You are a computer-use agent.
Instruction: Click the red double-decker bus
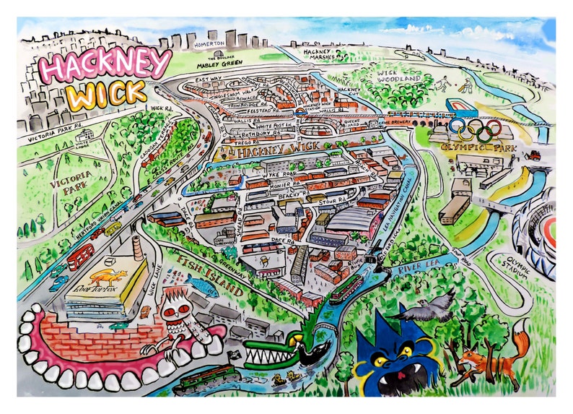click(x=81, y=256)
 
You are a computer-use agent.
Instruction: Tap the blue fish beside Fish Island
click(x=201, y=288)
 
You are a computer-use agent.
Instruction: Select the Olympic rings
click(x=475, y=130)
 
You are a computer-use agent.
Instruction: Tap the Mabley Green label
click(x=219, y=65)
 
